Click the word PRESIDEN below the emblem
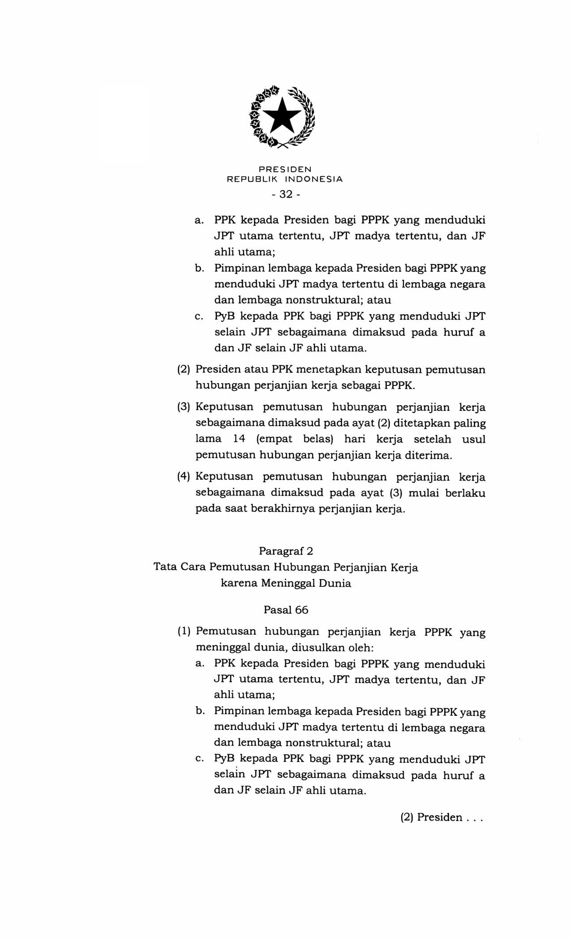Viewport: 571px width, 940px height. coord(285,169)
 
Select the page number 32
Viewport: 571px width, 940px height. coord(286,194)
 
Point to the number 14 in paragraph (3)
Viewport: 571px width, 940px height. coord(239,439)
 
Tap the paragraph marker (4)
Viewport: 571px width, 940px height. coord(184,476)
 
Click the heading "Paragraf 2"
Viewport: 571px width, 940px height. coord(286,551)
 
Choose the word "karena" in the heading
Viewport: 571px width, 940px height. coord(239,583)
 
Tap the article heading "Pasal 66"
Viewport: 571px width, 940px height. coord(286,610)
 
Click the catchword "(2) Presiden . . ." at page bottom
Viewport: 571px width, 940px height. coord(442,817)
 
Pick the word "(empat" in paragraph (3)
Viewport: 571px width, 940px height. coord(274,439)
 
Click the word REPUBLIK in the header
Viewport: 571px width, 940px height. coord(253,179)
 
